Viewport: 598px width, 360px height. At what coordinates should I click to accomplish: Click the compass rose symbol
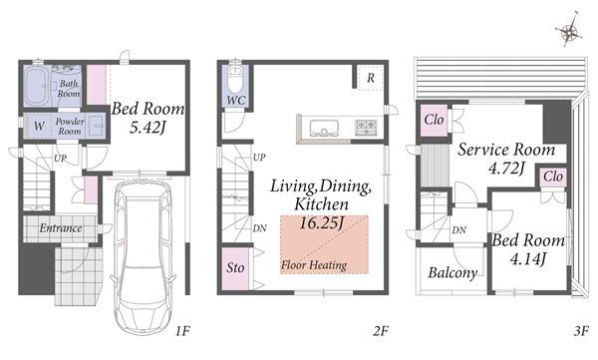coord(569,31)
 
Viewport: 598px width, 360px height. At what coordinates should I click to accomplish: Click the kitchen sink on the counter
coord(324,128)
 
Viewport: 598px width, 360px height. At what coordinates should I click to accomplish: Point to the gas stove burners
coord(366,128)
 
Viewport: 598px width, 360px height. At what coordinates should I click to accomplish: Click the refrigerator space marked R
coord(371,78)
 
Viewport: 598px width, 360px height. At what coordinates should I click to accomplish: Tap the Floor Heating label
coord(314,265)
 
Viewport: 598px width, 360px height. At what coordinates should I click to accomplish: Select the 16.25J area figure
coord(322,223)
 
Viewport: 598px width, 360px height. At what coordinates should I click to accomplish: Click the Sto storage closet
coord(235,269)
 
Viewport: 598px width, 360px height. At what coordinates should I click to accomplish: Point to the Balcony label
coord(452,273)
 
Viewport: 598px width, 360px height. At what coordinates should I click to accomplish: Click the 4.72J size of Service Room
coord(507,168)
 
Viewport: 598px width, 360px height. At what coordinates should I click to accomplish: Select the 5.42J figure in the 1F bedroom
coord(148,127)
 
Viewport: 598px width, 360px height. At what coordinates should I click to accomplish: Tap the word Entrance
coord(61,228)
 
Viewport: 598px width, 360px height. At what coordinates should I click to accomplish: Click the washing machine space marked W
coord(39,126)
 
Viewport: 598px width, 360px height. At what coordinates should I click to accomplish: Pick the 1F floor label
coord(182,331)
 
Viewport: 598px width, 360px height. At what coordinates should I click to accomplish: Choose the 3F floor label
coord(581,331)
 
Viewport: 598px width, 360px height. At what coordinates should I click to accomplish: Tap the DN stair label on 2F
coord(260,228)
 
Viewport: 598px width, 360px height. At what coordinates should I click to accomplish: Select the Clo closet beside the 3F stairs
coord(434,120)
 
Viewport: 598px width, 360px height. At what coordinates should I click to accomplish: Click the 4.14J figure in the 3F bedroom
coord(528,259)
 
